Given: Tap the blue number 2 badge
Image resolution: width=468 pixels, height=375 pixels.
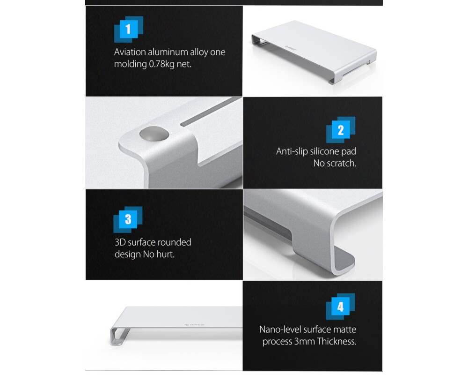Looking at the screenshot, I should click(340, 130).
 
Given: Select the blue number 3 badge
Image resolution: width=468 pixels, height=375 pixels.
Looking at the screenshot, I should click(128, 219).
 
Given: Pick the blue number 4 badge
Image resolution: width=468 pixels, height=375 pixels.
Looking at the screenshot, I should click(340, 307).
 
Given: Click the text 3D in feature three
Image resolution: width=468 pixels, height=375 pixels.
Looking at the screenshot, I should click(121, 242).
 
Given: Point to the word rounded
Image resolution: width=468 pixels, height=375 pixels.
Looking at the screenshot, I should click(174, 242).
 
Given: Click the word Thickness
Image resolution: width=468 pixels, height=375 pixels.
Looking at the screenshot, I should click(337, 342).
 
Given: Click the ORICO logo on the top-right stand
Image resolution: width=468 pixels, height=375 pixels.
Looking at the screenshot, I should click(291, 47).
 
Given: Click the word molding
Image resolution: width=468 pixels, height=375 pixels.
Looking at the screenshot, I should click(130, 64).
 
